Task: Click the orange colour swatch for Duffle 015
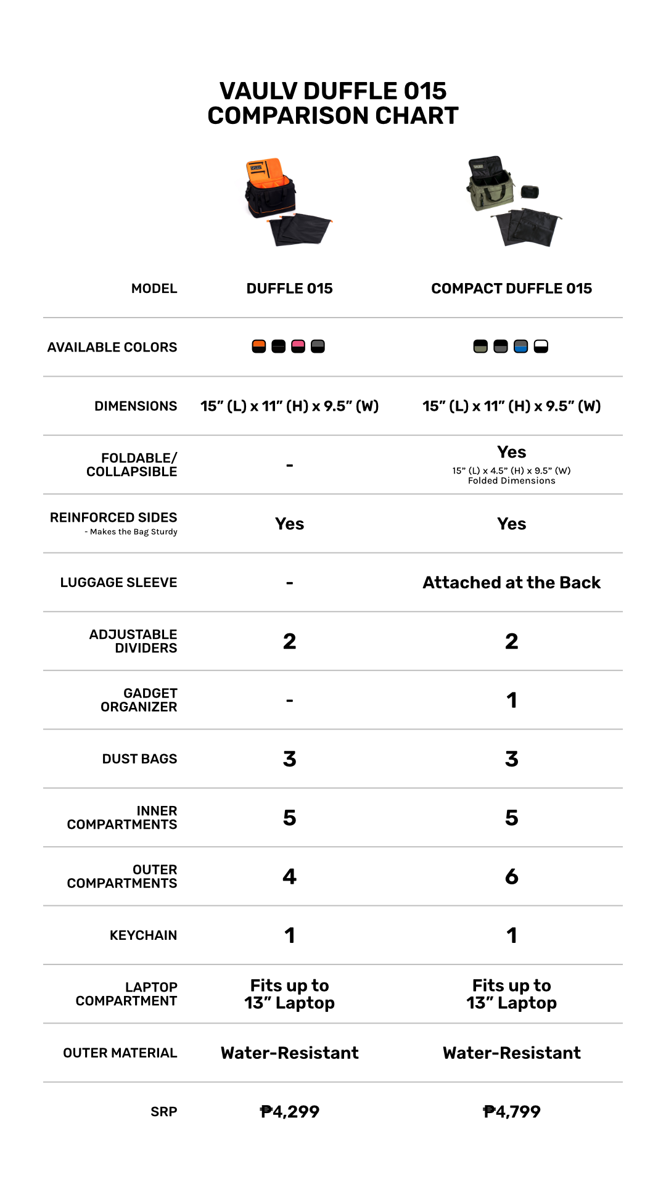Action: (259, 347)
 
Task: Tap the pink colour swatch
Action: (298, 347)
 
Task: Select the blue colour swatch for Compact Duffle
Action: (521, 347)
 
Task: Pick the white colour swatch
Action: (541, 347)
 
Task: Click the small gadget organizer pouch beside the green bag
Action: (530, 192)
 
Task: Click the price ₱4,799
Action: (511, 1112)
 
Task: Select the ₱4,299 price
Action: (289, 1112)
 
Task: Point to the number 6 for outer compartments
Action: (511, 876)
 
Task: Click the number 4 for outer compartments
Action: (289, 876)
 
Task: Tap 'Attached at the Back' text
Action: (511, 583)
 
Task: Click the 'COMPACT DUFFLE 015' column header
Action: (511, 289)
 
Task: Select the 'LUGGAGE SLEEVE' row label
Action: (118, 583)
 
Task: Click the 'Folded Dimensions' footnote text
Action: (511, 481)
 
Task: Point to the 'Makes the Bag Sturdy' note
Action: (133, 532)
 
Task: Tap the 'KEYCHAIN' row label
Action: (143, 935)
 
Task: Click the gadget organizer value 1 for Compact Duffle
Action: (511, 701)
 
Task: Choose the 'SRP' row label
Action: (163, 1112)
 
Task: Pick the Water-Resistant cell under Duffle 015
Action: (289, 1053)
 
